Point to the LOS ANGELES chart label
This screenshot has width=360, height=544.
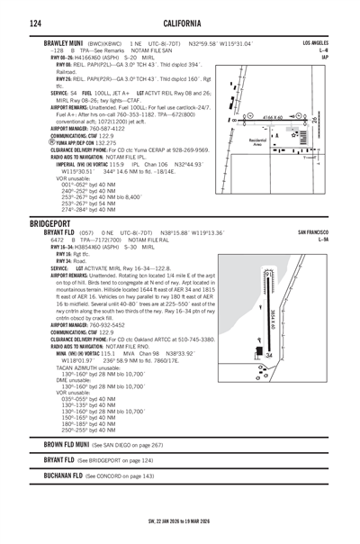[316, 43]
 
